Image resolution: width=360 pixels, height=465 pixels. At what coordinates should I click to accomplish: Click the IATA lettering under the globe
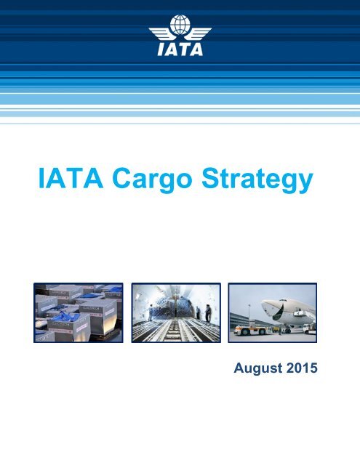[180, 50]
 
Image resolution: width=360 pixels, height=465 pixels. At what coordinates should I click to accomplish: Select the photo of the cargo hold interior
[175, 312]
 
